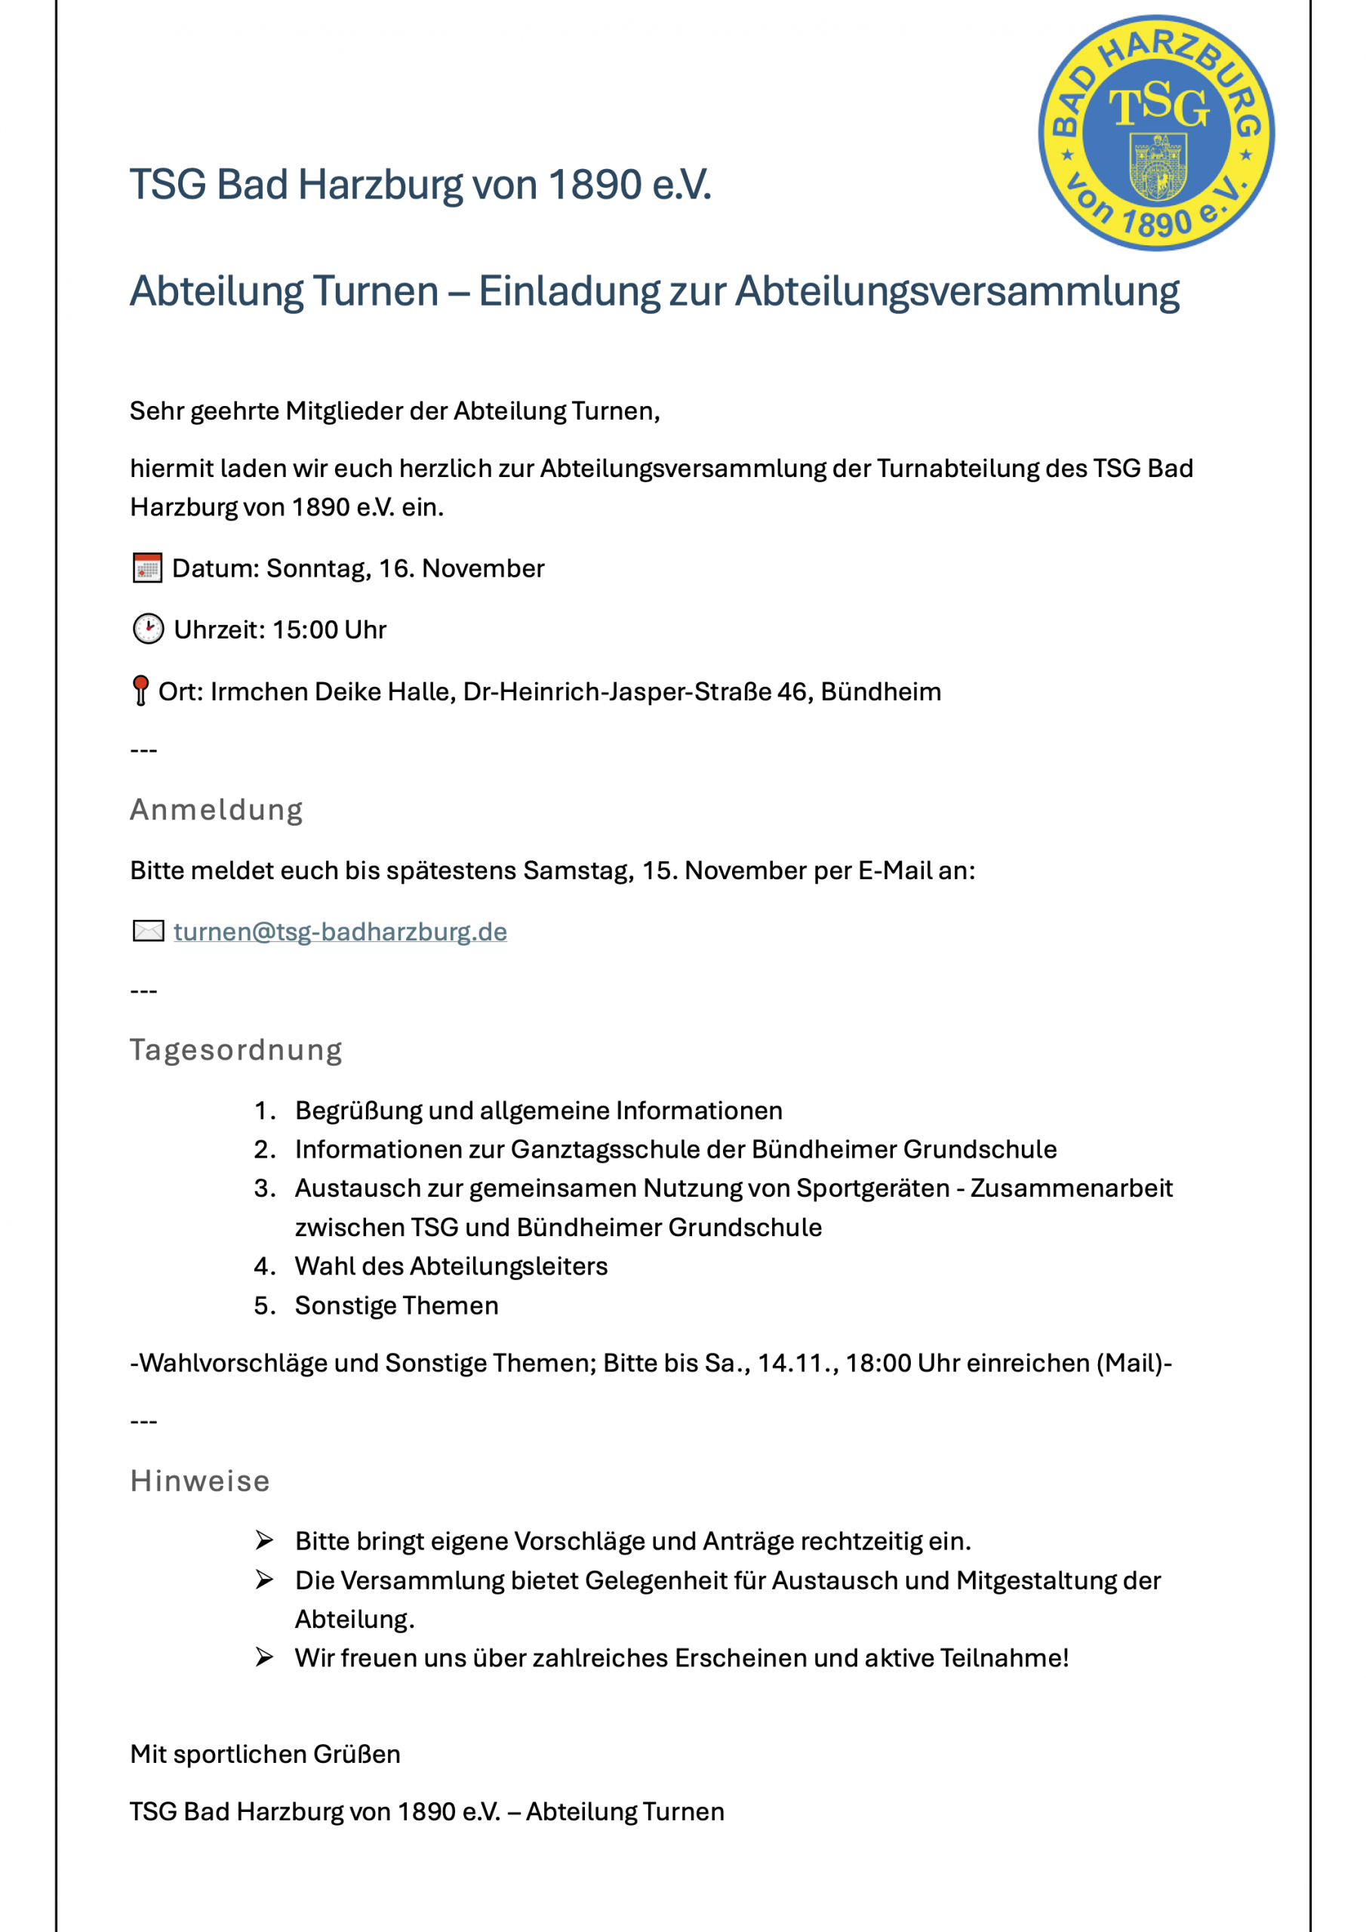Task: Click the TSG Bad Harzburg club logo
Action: (x=1155, y=133)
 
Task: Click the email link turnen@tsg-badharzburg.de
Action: (x=340, y=931)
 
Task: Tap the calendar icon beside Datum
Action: (x=147, y=568)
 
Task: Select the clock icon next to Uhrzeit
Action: (x=148, y=629)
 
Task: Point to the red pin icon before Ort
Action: (x=140, y=690)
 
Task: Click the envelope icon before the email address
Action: (x=148, y=931)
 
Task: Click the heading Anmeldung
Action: (x=217, y=810)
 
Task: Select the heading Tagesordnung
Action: (x=235, y=1049)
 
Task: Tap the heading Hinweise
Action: (x=200, y=1481)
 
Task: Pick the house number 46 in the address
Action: (x=792, y=692)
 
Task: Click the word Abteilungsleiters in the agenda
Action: (x=528, y=1266)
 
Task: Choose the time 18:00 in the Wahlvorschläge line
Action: (x=878, y=1363)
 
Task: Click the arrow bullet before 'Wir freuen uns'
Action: (x=264, y=1658)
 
